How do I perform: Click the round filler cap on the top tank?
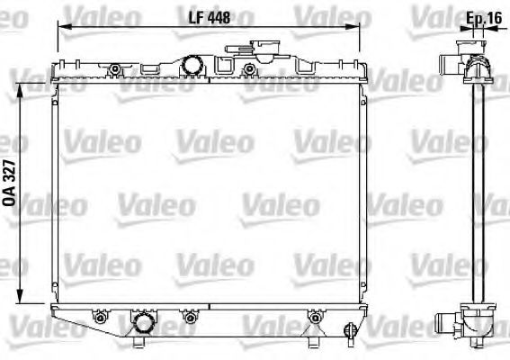point(190,64)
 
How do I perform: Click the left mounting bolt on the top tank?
point(114,69)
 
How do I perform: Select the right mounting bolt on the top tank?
point(249,69)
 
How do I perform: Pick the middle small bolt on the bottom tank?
point(190,317)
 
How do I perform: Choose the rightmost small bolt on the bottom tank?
point(314,317)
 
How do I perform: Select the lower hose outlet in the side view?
point(450,319)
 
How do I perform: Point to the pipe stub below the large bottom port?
point(141,343)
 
